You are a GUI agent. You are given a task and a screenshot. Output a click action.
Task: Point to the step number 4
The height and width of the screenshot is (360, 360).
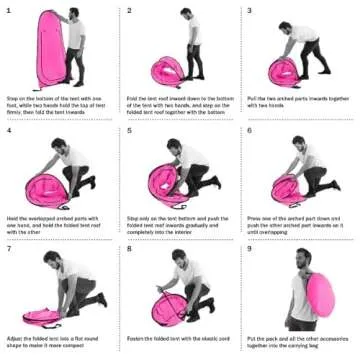point(9,131)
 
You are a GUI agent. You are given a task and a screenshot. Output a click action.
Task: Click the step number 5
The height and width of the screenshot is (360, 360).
point(129,131)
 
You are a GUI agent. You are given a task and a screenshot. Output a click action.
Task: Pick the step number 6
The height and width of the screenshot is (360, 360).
point(249,131)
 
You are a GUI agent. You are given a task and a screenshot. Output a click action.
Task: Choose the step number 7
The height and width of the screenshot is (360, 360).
point(9,249)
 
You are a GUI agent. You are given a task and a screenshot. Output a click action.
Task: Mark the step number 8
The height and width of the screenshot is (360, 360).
point(129,249)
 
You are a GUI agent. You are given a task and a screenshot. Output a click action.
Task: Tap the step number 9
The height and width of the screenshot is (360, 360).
point(249,249)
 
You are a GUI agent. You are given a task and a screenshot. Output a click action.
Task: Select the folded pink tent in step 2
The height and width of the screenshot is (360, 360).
point(167,72)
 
